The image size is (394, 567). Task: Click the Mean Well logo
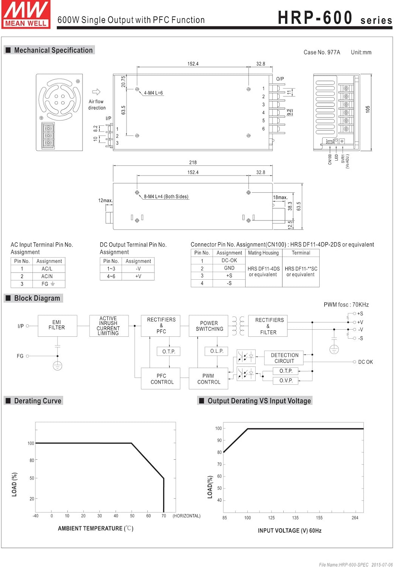26,14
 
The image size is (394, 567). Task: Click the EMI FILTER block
57,325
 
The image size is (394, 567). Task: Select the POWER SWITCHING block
209,326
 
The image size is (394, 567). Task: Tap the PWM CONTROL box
209,379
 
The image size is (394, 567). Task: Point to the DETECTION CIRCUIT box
284,358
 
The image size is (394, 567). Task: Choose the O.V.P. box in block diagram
286,381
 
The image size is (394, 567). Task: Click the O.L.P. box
216,351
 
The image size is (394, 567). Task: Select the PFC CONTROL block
162,379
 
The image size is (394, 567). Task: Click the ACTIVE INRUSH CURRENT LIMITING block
108,326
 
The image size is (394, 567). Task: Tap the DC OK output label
365,362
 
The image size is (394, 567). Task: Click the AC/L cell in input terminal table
47,269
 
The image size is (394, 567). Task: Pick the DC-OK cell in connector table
229,260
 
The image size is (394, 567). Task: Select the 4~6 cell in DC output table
111,276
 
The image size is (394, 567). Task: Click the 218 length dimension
193,163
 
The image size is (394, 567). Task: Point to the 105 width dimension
368,109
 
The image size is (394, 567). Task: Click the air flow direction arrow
96,92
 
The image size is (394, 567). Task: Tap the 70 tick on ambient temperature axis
164,516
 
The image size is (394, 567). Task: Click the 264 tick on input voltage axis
355,518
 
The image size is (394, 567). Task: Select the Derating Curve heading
37,401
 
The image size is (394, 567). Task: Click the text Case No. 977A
321,53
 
